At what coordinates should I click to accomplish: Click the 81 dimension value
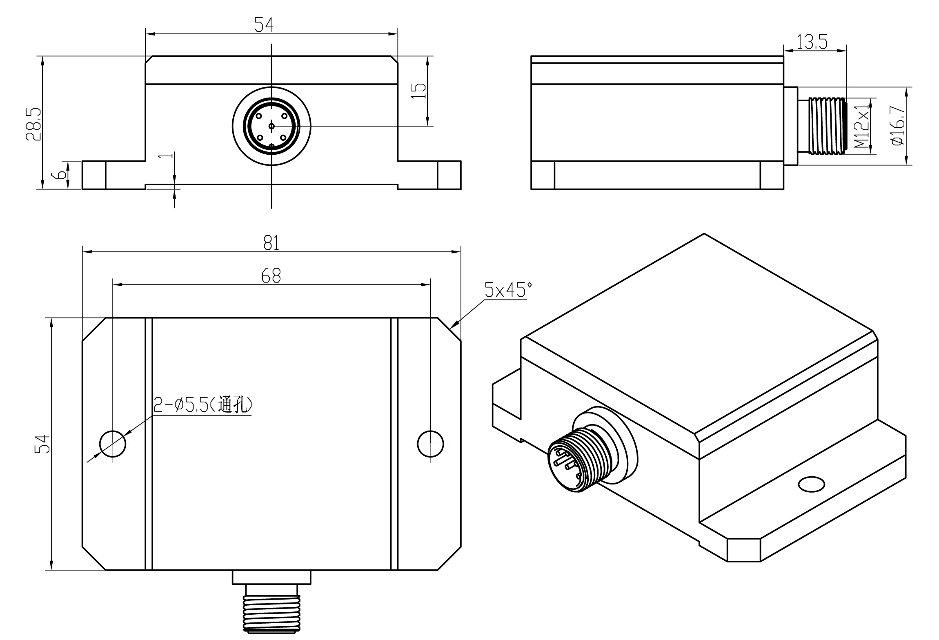pyautogui.click(x=271, y=243)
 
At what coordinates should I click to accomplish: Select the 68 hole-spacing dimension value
pyautogui.click(x=271, y=276)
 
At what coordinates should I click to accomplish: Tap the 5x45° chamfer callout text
pyautogui.click(x=508, y=290)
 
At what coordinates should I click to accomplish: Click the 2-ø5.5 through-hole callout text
pyautogui.click(x=202, y=405)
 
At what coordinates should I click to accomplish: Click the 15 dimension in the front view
pyautogui.click(x=418, y=91)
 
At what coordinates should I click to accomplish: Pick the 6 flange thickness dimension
pyautogui.click(x=60, y=175)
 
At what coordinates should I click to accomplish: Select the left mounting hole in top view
pyautogui.click(x=113, y=444)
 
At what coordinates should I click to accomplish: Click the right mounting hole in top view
pyautogui.click(x=430, y=444)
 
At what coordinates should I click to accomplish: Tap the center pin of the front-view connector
pyautogui.click(x=271, y=126)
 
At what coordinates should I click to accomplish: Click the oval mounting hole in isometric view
pyautogui.click(x=811, y=484)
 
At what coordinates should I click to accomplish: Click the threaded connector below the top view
pyautogui.click(x=271, y=612)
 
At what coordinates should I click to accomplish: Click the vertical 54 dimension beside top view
pyautogui.click(x=43, y=444)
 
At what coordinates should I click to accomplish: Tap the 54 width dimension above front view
pyautogui.click(x=264, y=25)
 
